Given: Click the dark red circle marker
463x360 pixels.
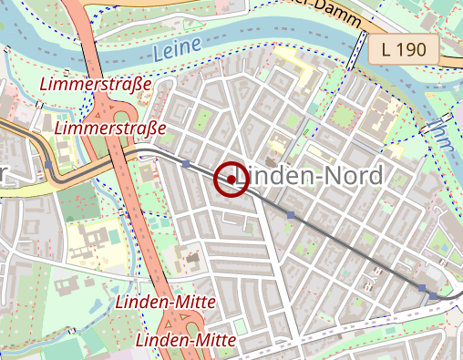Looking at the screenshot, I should point(232,180).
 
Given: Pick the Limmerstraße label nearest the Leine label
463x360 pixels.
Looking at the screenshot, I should point(97,85).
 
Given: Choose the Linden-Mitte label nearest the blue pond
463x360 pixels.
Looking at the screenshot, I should point(166,302).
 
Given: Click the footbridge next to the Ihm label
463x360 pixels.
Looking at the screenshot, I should point(426,127).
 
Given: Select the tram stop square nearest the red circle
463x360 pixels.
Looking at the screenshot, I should point(187,164).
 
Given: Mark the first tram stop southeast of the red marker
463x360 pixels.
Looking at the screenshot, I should point(291,214).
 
